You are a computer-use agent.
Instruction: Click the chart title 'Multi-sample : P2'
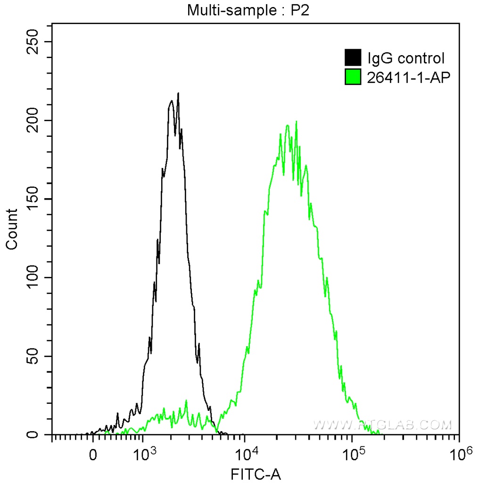coord(248,10)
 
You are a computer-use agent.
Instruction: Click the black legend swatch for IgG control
coord(353,58)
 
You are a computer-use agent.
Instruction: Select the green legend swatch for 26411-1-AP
coord(353,77)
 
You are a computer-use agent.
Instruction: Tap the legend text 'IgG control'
coord(406,58)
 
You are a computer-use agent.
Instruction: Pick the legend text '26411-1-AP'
coord(406,77)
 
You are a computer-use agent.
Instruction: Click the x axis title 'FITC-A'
coord(256,473)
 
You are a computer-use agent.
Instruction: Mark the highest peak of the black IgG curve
coord(178,93)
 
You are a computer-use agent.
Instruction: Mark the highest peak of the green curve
coord(296,122)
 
